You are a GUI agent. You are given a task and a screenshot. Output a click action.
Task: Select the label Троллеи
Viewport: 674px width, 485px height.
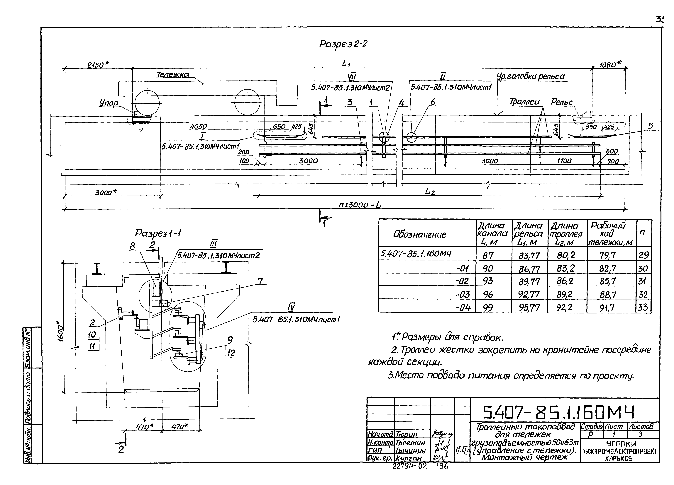click(524, 102)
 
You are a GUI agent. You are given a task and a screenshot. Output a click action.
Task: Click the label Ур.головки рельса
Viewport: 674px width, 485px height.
click(531, 77)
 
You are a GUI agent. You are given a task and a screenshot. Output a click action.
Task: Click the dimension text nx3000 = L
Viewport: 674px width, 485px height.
click(360, 205)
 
